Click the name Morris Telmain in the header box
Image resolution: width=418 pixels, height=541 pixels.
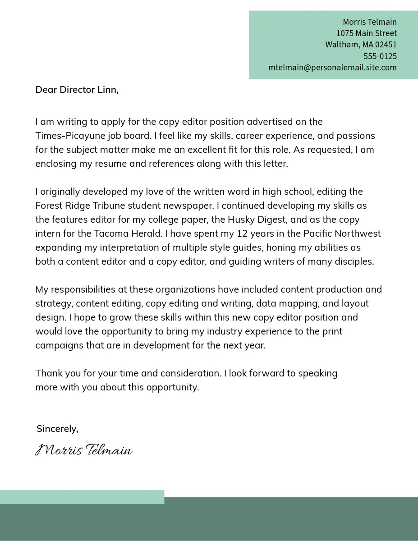tap(369, 22)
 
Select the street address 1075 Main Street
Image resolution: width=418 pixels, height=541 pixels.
tap(366, 33)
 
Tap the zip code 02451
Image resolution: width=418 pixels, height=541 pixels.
tap(386, 45)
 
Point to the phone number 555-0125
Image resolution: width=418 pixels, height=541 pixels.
tap(380, 56)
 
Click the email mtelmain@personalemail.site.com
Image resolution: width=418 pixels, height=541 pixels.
tap(332, 68)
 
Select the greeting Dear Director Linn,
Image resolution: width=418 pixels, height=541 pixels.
tap(77, 90)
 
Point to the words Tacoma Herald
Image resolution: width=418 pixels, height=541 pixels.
tap(128, 234)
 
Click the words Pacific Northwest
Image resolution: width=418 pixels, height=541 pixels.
tap(342, 234)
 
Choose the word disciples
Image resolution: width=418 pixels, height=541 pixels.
tap(354, 261)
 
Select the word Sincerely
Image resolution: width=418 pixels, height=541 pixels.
tap(57, 429)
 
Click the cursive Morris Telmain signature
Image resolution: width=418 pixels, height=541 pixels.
tap(84, 450)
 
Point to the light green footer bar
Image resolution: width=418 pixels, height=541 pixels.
tap(82, 497)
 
